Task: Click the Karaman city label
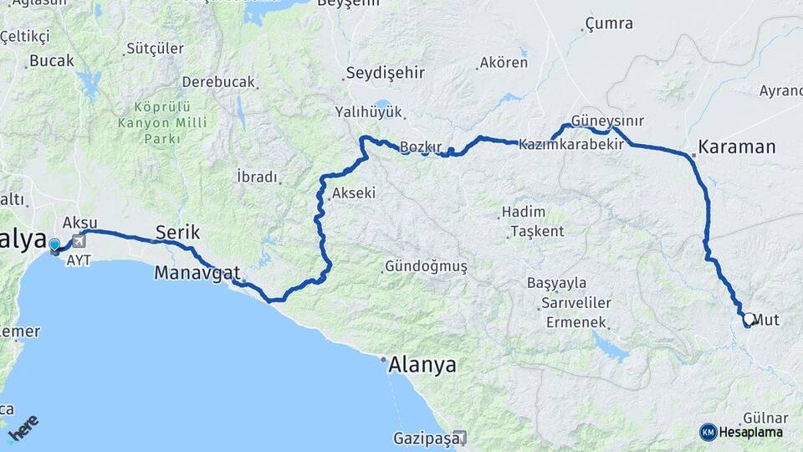pos(737,147)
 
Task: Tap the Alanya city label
pos(422,365)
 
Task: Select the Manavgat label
pos(197,272)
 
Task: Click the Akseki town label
pos(353,193)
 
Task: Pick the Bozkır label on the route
pos(420,147)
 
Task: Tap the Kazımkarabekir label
pos(572,145)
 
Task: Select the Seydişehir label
pos(386,73)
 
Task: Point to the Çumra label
pos(609,23)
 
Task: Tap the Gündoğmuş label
pos(425,266)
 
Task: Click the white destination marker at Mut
pos(749,319)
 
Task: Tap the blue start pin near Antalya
pos(55,245)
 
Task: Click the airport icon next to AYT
pos(79,241)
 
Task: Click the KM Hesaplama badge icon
pos(708,432)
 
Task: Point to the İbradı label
pos(256,177)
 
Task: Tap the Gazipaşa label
pos(424,438)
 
